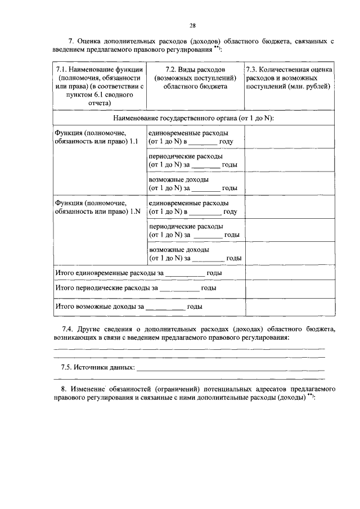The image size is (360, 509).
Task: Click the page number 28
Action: (x=192, y=25)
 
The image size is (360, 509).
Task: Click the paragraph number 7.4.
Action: (x=67, y=328)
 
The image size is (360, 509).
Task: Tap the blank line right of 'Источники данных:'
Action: (x=231, y=369)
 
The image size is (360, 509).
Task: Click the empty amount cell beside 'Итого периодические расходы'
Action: (x=289, y=289)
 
